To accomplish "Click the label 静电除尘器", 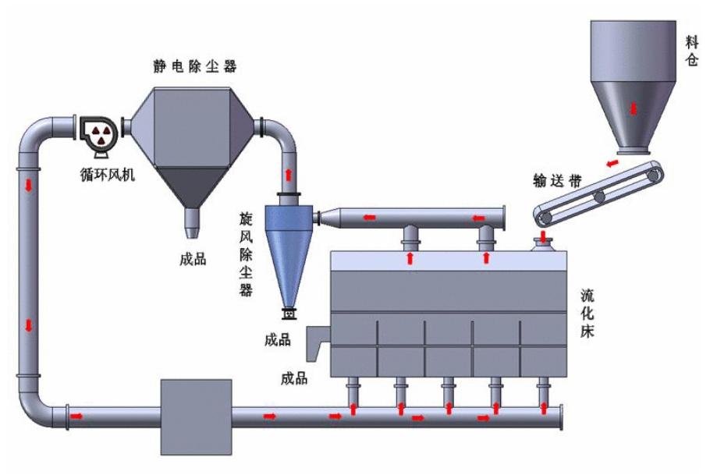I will click(194, 66).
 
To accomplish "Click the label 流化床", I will click(588, 316).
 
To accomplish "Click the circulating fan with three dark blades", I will click(99, 132).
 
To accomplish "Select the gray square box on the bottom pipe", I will click(196, 417).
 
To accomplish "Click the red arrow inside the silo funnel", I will click(634, 108).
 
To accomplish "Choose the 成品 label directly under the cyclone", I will click(277, 339).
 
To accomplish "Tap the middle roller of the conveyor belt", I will click(599, 197).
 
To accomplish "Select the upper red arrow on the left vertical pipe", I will click(30, 185).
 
